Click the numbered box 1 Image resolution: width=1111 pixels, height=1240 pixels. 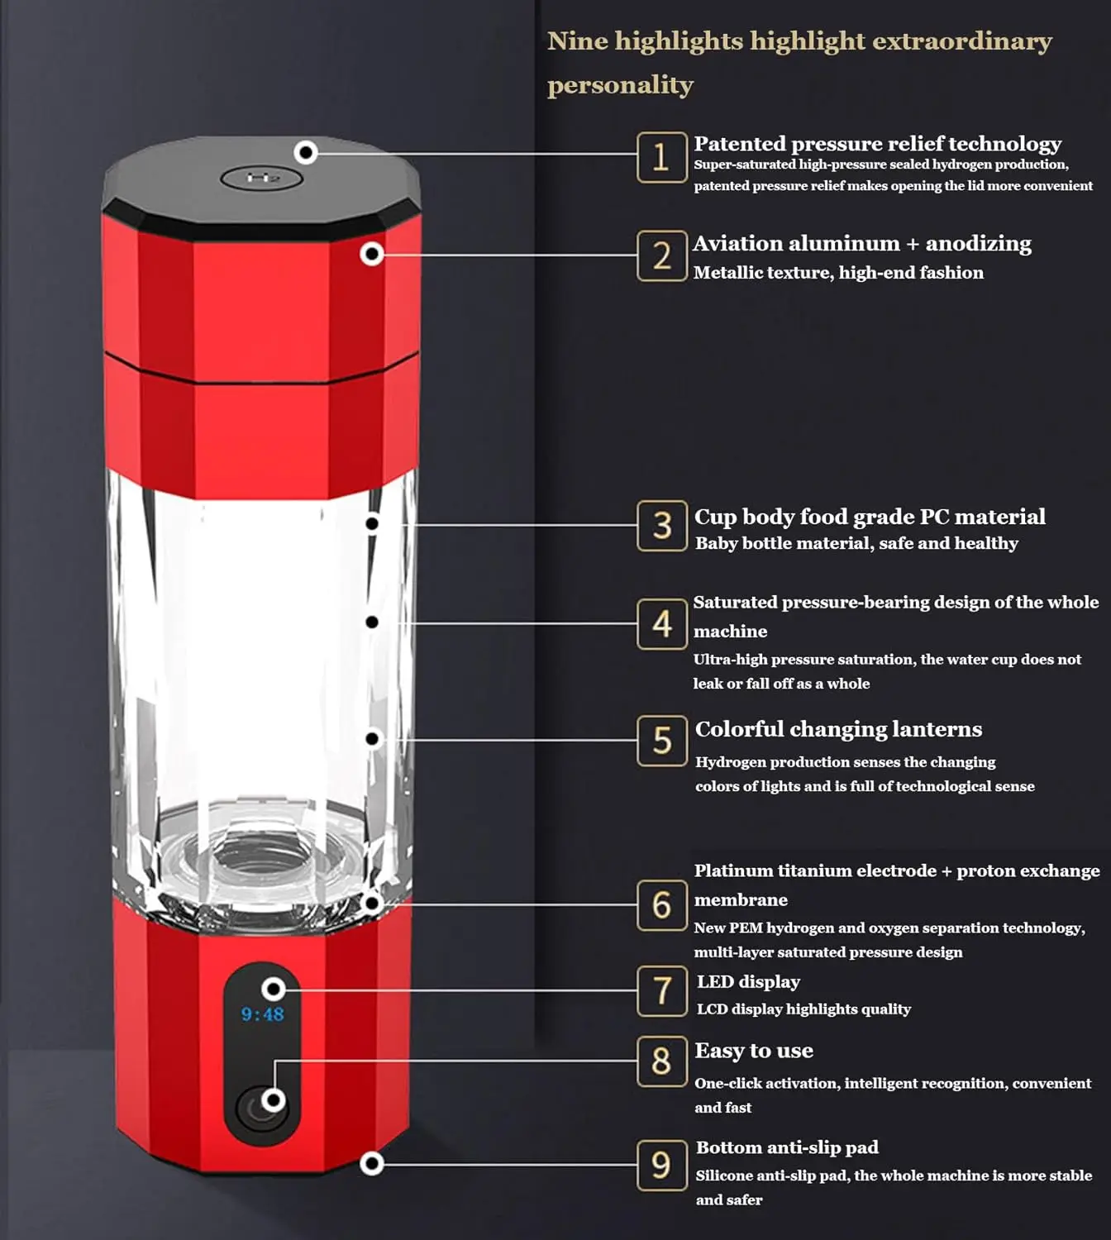pyautogui.click(x=661, y=157)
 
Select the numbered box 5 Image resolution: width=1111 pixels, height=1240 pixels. pyautogui.click(x=661, y=741)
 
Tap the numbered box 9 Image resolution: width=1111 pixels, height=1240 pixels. pyautogui.click(x=661, y=1165)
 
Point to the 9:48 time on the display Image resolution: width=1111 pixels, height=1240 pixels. pyautogui.click(x=262, y=1014)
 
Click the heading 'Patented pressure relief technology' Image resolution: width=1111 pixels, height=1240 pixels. pyautogui.click(x=877, y=144)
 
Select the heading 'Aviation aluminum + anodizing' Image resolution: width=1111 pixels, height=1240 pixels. pyautogui.click(x=862, y=244)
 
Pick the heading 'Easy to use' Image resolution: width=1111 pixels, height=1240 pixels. pyautogui.click(x=754, y=1051)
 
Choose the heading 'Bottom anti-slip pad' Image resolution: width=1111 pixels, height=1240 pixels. pyautogui.click(x=787, y=1147)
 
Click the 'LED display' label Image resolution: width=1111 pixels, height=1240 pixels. pyautogui.click(x=748, y=982)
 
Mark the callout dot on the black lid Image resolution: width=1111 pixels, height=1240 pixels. pyautogui.click(x=306, y=152)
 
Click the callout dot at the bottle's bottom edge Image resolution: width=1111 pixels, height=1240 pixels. pyautogui.click(x=372, y=1164)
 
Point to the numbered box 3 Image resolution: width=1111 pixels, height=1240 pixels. pyautogui.click(x=661, y=526)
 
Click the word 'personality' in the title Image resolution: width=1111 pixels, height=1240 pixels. pyautogui.click(x=620, y=85)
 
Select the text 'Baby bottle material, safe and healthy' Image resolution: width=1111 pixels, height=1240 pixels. pyautogui.click(x=856, y=543)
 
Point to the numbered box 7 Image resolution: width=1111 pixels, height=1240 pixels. pyautogui.click(x=661, y=990)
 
